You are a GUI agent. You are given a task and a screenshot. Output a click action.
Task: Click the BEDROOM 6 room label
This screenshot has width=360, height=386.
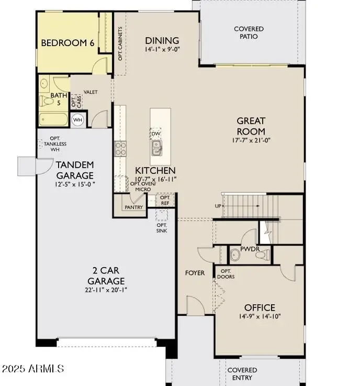[x=67, y=43]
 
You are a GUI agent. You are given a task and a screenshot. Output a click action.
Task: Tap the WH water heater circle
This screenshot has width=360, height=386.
[x=77, y=119]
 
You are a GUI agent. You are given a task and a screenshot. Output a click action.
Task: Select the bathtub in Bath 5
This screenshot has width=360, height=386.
[x=54, y=119]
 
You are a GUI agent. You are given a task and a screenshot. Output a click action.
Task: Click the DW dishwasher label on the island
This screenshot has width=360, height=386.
[x=155, y=134]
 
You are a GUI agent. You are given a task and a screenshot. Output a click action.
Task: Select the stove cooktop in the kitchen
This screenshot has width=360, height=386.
[x=120, y=148]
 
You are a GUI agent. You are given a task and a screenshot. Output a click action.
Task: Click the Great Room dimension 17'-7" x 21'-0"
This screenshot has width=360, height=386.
[x=251, y=140]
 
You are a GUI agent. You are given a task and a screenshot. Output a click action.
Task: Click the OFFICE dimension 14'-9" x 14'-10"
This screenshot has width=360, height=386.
[x=260, y=317]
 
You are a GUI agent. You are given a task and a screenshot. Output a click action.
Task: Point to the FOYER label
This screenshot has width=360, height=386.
[x=195, y=273]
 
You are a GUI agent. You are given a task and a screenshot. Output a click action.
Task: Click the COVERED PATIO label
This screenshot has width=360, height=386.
[x=249, y=32]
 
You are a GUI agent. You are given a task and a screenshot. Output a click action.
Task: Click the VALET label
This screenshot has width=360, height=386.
[x=91, y=92]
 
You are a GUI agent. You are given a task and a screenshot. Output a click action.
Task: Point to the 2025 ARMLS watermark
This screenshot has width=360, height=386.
[x=33, y=369]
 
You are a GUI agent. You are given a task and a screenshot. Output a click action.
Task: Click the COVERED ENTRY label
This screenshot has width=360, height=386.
[x=242, y=374]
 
